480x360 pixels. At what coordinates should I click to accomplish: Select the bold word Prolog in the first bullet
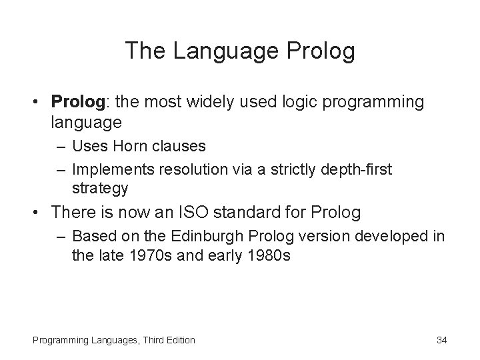(x=76, y=102)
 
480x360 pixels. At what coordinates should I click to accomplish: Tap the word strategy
(x=100, y=188)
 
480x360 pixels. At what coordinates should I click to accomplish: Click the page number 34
(x=441, y=340)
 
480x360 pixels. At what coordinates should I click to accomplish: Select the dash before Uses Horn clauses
(x=63, y=145)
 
